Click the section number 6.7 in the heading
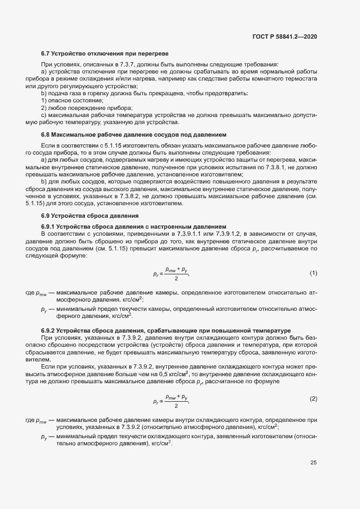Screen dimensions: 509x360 click(46, 53)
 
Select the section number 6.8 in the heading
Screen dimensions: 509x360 click(46, 134)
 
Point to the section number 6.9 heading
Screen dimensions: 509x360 click(46, 216)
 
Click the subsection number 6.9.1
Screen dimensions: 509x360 click(49, 226)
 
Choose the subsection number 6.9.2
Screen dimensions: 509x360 click(49, 330)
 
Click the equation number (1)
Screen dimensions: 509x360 click(314, 273)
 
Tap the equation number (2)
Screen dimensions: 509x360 click(314, 399)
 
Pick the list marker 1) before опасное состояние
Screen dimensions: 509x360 click(45, 101)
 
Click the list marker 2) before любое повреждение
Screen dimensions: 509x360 click(45, 108)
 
